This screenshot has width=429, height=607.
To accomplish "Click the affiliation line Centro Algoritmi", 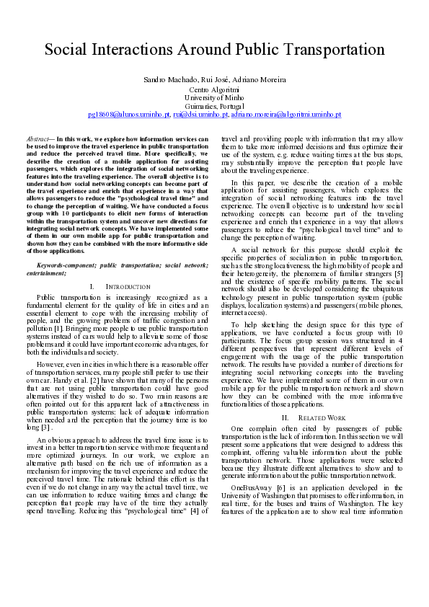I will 213,89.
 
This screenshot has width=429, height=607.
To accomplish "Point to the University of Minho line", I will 213,97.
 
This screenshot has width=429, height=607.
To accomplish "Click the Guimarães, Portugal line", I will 213,106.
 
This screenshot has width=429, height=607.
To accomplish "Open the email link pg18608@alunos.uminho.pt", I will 129,114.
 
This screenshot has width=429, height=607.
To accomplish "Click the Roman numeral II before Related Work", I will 285,417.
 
